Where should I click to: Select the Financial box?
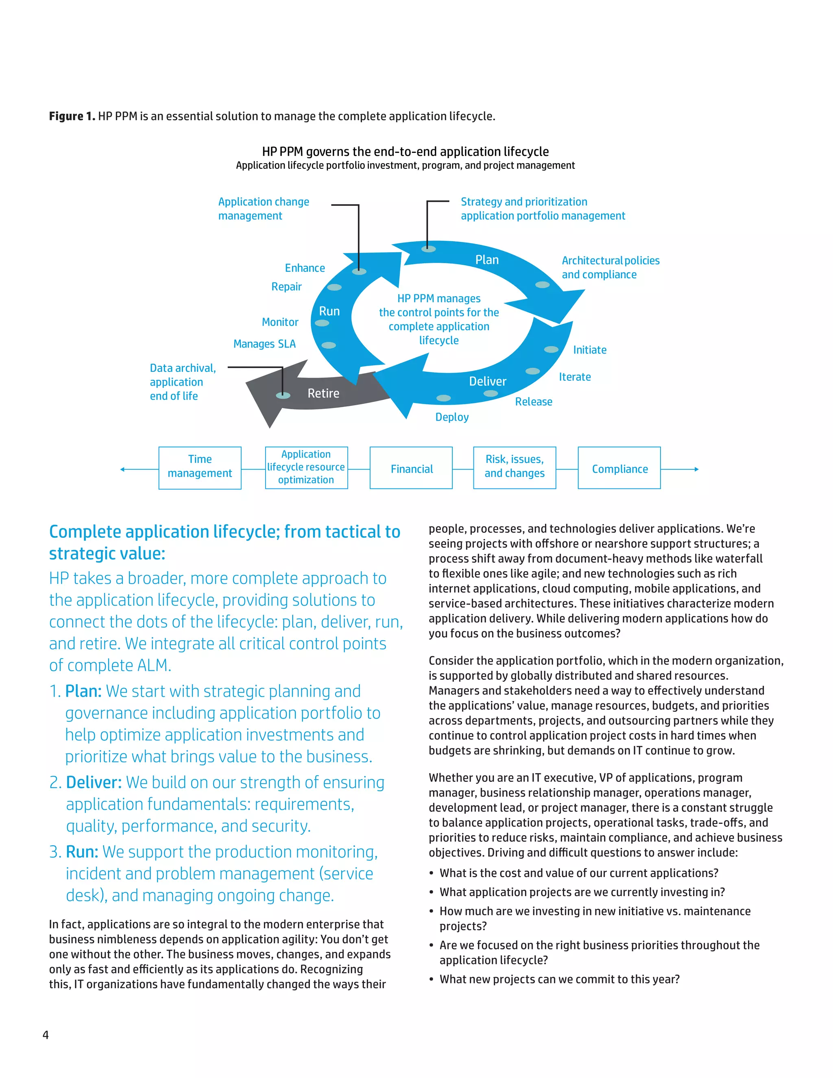(x=411, y=468)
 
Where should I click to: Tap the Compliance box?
(x=619, y=468)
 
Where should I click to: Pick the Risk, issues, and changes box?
(x=514, y=467)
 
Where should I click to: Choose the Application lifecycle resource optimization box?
(x=306, y=467)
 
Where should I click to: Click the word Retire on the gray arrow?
(x=323, y=393)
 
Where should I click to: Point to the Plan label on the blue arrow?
(x=486, y=260)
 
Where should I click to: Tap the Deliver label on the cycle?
(x=488, y=382)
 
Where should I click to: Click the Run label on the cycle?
(x=329, y=312)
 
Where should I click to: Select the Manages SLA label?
(x=264, y=344)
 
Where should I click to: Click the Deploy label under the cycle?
(x=451, y=417)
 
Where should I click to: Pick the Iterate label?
(x=574, y=377)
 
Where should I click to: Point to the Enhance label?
(x=305, y=268)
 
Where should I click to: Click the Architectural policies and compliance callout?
(x=610, y=268)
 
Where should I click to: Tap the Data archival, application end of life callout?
(x=182, y=382)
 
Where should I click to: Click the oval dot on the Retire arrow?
(x=283, y=395)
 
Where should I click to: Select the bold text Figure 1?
(x=72, y=116)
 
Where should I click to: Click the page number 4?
(x=46, y=1035)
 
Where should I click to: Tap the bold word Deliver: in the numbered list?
(x=94, y=783)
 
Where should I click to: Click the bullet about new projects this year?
(x=559, y=979)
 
